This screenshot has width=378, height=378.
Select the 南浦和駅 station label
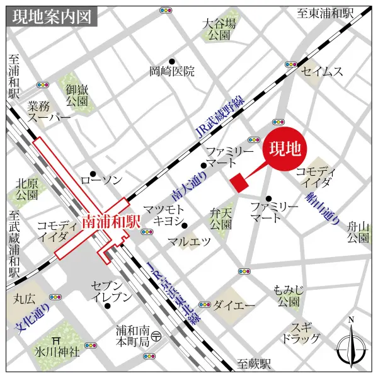pos(110,222)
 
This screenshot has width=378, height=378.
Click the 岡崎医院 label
pos(172,71)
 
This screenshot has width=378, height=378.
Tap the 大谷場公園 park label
pos(220,30)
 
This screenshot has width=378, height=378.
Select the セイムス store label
pos(323,71)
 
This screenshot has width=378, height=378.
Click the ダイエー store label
pos(233,306)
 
